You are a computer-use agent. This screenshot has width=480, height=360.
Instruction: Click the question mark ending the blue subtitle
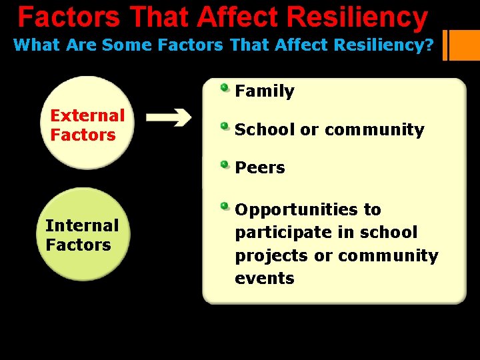pos(430,45)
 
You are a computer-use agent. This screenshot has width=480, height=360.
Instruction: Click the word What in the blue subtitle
pos(37,45)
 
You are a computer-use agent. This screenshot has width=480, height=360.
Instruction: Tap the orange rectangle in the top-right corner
pos(465,45)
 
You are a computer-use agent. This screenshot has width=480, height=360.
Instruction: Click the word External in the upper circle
pos(87,115)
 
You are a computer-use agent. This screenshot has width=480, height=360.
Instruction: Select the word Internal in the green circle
pos(82,225)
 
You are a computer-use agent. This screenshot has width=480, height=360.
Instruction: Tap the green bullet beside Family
pos(225,87)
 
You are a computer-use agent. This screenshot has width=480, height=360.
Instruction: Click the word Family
pos(265,91)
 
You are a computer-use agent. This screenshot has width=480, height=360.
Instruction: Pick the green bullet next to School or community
pos(225,126)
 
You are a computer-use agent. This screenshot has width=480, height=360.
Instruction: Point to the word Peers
pos(260,168)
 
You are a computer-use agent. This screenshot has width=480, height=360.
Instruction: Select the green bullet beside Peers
pos(225,164)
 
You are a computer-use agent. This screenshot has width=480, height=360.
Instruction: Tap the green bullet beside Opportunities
pos(225,206)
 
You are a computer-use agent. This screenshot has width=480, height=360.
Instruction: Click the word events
pos(265,279)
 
